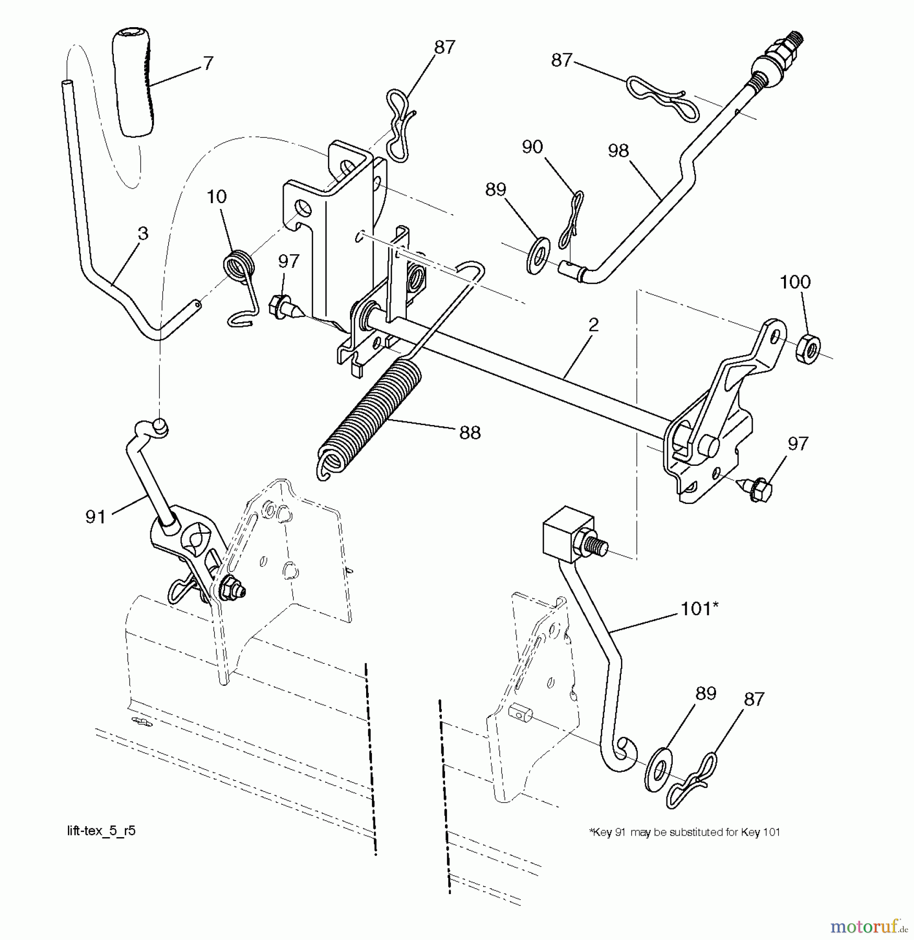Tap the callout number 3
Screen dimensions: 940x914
[x=143, y=233]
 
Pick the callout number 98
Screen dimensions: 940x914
[x=618, y=151]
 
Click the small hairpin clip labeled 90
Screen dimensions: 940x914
[x=571, y=219]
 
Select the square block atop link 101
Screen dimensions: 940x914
[x=568, y=533]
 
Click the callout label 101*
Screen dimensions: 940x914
[x=699, y=608]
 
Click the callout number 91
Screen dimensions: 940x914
[x=95, y=517]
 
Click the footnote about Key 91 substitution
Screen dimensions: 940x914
[x=684, y=832]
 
